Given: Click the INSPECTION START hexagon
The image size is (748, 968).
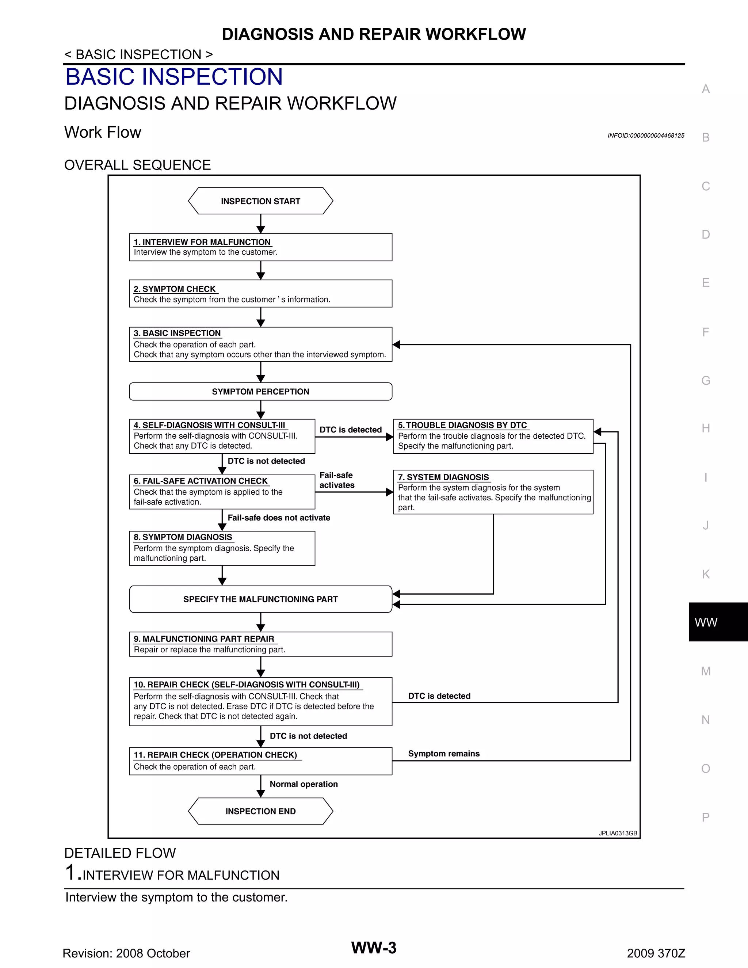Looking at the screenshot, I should (260, 201).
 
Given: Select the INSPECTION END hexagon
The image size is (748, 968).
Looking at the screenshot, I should (260, 811).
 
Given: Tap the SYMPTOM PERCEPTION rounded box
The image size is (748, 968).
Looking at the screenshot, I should (260, 391).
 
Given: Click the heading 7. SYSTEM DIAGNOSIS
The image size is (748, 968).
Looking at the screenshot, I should (443, 477).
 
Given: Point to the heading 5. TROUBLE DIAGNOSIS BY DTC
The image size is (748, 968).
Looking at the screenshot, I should (462, 425).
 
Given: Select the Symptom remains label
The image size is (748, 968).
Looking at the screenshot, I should (443, 754).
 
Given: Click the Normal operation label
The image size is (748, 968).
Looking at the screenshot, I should (304, 784).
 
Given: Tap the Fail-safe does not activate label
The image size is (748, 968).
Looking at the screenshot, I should (279, 517).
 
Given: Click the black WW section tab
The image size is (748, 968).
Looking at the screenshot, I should (718, 622).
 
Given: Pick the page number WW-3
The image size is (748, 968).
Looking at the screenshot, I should (374, 948).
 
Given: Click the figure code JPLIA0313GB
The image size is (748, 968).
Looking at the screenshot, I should (618, 833).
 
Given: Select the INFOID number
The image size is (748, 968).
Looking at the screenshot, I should (646, 136).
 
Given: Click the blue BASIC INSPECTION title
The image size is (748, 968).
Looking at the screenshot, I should (174, 77).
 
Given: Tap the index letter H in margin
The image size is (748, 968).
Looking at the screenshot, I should (706, 428).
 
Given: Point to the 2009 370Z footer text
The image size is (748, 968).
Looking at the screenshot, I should (656, 953).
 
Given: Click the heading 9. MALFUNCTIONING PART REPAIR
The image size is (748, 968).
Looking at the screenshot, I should (204, 639).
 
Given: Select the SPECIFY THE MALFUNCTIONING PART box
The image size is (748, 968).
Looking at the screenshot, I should (260, 599).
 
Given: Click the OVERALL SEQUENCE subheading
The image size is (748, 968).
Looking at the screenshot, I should (137, 165).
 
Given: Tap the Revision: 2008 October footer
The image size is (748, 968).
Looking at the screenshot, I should (126, 953).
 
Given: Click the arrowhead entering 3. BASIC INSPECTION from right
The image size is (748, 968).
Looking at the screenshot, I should (397, 344).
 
